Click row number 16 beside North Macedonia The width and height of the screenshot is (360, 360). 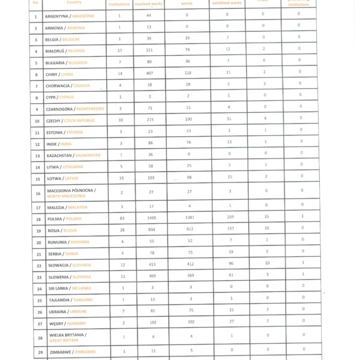click(x=37, y=193)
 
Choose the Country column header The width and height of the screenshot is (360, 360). click(x=74, y=2)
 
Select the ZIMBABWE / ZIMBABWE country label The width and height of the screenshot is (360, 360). click(x=72, y=352)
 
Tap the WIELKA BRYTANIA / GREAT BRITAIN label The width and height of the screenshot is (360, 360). click(x=67, y=337)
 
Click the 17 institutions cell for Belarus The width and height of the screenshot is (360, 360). click(x=119, y=51)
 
